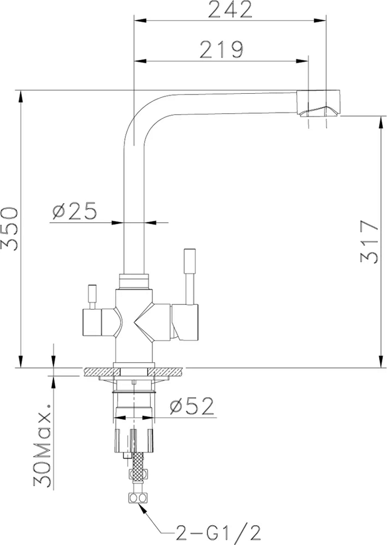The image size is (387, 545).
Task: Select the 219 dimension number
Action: [222, 49]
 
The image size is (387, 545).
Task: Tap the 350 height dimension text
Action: [9, 229]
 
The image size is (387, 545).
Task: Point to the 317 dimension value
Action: [370, 242]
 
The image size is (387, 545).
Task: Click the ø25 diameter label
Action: [74, 211]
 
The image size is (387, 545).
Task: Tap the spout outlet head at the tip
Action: [318, 103]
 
